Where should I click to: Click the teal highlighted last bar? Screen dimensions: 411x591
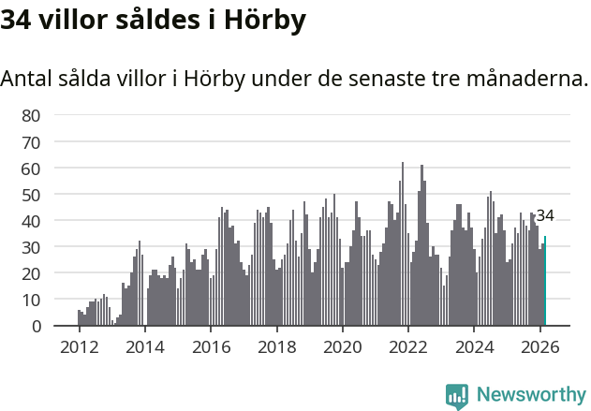click(545, 281)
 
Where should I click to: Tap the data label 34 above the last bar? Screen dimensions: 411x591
click(545, 215)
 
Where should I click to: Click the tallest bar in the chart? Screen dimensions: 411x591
click(403, 244)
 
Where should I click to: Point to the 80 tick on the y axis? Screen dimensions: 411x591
click(31, 116)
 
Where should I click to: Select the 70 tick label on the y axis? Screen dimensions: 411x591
click(31, 142)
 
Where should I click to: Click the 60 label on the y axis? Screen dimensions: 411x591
click(31, 169)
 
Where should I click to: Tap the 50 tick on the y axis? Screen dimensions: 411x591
click(31, 195)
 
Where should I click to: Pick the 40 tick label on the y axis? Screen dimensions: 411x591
click(31, 221)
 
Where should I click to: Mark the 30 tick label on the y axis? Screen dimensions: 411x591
click(31, 247)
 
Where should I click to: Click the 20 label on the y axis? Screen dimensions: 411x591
click(31, 273)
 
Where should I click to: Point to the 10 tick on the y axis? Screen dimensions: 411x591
click(31, 300)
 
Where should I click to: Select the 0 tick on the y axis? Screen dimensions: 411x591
click(36, 326)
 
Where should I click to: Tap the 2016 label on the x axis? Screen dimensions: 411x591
click(211, 345)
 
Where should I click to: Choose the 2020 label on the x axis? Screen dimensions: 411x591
click(342, 345)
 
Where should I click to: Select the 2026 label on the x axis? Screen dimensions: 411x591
click(540, 345)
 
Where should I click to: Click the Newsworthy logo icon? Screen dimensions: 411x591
click(457, 396)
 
